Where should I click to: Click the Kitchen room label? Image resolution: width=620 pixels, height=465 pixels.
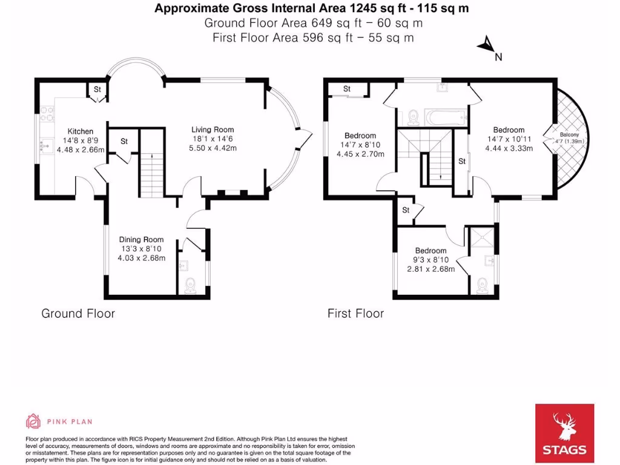point(81,131)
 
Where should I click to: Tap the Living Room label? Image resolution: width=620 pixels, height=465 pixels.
point(213,130)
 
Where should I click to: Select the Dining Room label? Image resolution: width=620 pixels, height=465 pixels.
point(141,240)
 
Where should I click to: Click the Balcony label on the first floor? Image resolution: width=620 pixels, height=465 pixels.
point(569,135)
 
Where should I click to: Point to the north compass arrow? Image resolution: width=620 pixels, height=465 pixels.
point(486,44)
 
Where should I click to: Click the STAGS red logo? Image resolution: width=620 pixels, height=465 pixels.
point(564,433)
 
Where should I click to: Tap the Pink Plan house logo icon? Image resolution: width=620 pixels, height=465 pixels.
point(33,421)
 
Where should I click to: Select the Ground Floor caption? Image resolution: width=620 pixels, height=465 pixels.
point(78,314)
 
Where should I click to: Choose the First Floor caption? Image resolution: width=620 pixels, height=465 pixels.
point(355,314)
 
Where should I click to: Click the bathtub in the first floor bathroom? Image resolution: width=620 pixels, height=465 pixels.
point(446,117)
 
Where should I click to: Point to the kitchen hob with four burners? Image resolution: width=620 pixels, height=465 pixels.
point(47,114)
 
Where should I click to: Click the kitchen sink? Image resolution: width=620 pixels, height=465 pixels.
point(47,145)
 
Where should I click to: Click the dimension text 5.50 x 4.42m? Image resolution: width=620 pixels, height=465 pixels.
point(213,148)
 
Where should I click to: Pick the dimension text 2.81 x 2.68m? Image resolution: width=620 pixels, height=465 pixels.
point(431,269)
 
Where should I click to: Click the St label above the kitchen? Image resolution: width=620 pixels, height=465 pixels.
point(97,90)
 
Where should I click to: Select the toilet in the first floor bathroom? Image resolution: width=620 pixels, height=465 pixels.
point(413,117)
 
